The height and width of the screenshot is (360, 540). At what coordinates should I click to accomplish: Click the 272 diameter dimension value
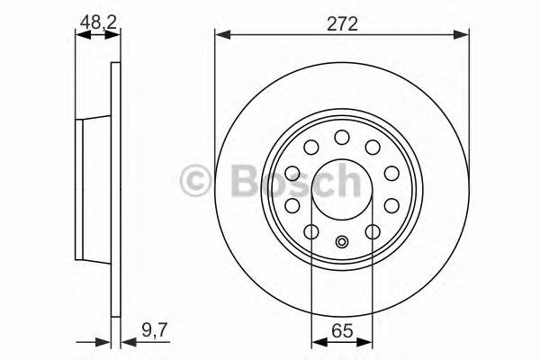(342, 24)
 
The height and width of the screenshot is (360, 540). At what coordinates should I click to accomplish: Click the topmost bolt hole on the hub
(342, 137)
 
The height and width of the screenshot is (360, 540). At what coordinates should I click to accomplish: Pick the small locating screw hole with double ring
(342, 241)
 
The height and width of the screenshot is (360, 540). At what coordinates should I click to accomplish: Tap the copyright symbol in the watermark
(195, 181)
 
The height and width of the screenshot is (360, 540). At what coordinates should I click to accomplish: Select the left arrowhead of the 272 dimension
(221, 35)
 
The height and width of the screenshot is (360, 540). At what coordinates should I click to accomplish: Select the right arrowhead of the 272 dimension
(463, 35)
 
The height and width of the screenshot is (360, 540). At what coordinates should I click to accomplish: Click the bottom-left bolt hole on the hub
(310, 233)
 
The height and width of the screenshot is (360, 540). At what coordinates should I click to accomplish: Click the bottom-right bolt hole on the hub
(373, 233)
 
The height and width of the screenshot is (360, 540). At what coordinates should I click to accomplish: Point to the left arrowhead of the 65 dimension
(316, 341)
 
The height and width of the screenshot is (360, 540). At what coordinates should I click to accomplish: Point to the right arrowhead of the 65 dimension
(367, 341)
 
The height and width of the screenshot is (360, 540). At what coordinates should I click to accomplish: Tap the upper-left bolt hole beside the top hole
(311, 148)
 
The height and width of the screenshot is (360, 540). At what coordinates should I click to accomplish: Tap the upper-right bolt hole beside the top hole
(373, 148)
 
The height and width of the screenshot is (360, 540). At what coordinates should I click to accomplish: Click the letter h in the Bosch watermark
(346, 181)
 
